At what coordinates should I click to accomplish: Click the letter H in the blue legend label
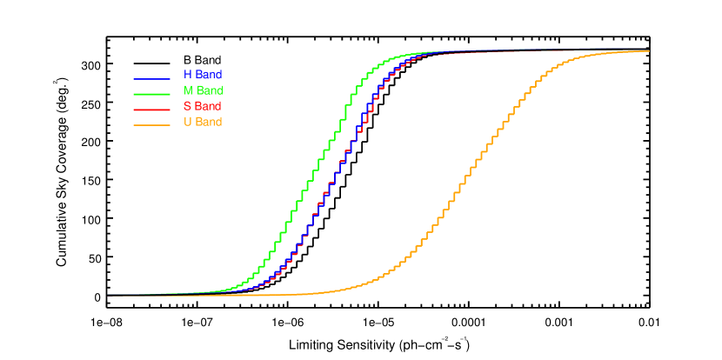187,75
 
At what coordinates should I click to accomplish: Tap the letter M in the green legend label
188,90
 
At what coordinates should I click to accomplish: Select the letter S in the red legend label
187,106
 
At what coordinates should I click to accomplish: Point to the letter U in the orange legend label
187,122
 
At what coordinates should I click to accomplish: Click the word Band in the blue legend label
209,75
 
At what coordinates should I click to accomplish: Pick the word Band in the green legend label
210,90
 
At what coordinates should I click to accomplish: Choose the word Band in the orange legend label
209,122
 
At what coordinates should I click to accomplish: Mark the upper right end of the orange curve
647,51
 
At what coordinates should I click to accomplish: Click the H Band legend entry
178,76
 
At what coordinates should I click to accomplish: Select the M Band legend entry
178,91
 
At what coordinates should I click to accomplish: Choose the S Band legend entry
178,107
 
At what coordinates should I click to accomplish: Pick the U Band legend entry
178,123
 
